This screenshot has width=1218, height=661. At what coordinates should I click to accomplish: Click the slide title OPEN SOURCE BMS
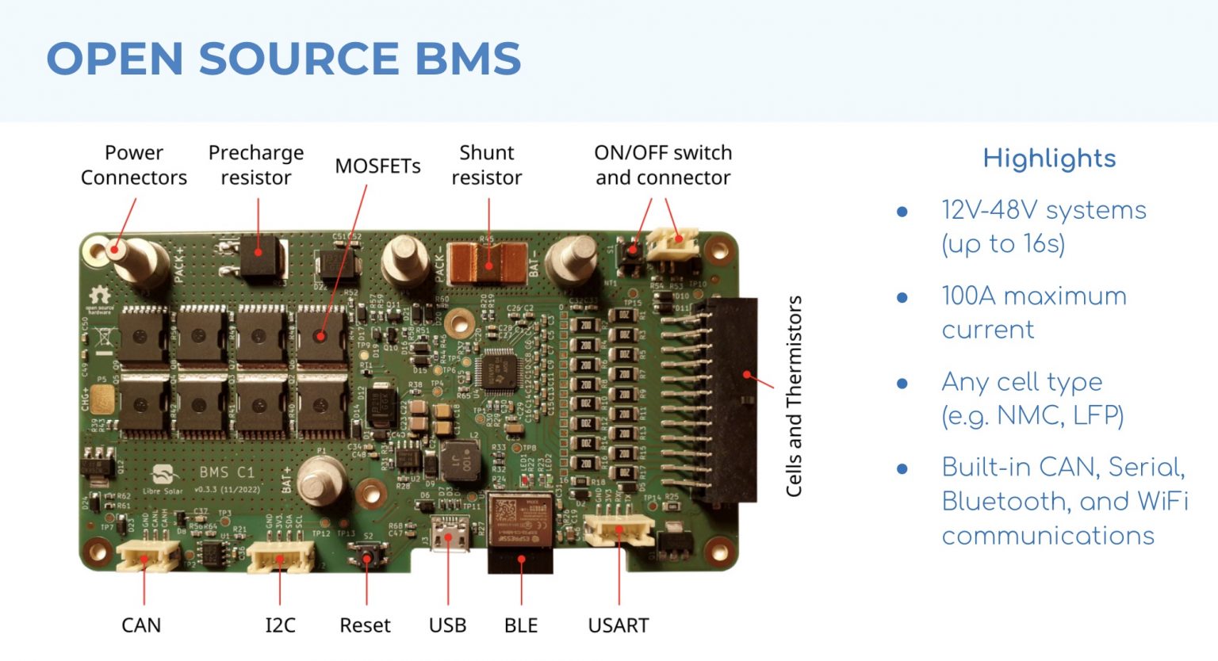pyautogui.click(x=283, y=59)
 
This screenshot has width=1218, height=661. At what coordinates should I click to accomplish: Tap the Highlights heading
pyautogui.click(x=1048, y=159)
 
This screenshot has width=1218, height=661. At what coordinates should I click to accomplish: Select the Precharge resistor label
pyautogui.click(x=255, y=165)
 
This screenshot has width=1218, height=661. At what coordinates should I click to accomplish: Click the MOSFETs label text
pyautogui.click(x=377, y=166)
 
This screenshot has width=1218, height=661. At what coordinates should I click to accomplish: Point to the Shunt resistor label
pyautogui.click(x=486, y=165)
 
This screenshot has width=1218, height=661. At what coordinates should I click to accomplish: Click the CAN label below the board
pyautogui.click(x=141, y=625)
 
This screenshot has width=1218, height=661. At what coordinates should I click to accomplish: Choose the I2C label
pyautogui.click(x=280, y=625)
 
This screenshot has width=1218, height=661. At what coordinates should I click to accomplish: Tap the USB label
pyautogui.click(x=447, y=625)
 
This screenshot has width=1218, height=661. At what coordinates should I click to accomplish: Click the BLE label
pyautogui.click(x=521, y=625)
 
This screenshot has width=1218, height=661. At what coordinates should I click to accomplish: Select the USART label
pyautogui.click(x=618, y=625)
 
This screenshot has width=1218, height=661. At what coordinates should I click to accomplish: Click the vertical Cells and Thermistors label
pyautogui.click(x=794, y=396)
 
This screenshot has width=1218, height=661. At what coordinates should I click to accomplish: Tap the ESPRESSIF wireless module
pyautogui.click(x=519, y=519)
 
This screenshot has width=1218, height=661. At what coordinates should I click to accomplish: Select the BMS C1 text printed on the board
pyautogui.click(x=227, y=472)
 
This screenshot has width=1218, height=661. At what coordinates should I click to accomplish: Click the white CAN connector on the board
pyautogui.click(x=147, y=557)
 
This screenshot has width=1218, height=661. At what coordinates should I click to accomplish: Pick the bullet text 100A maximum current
pyautogui.click(x=1033, y=312)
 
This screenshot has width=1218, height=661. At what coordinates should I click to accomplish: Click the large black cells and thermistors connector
pyautogui.click(x=733, y=400)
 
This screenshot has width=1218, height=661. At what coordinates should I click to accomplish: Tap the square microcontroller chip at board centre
pyautogui.click(x=500, y=370)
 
